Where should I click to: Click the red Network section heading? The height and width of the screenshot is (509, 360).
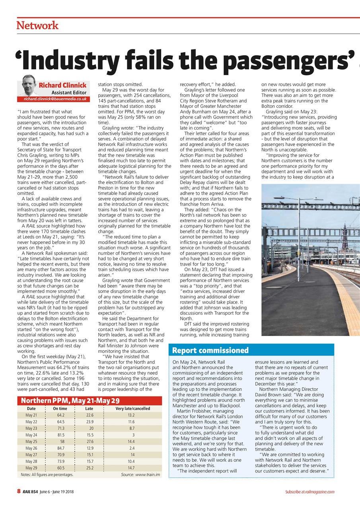point(37,26)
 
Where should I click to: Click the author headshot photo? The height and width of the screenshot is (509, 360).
point(27,84)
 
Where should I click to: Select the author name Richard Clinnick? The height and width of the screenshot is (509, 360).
point(62,85)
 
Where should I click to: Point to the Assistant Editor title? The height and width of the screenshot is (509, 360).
point(69,92)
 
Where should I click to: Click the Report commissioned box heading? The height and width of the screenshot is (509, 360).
point(211,350)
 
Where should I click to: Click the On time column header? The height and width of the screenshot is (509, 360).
point(60,408)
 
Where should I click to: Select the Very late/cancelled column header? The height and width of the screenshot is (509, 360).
point(133,408)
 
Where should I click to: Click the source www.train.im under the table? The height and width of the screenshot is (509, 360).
point(140,474)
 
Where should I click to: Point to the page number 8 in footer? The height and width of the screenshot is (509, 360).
point(18,492)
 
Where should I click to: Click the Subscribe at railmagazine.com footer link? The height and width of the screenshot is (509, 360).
point(309,492)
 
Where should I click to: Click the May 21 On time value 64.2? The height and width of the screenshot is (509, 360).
point(61,416)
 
